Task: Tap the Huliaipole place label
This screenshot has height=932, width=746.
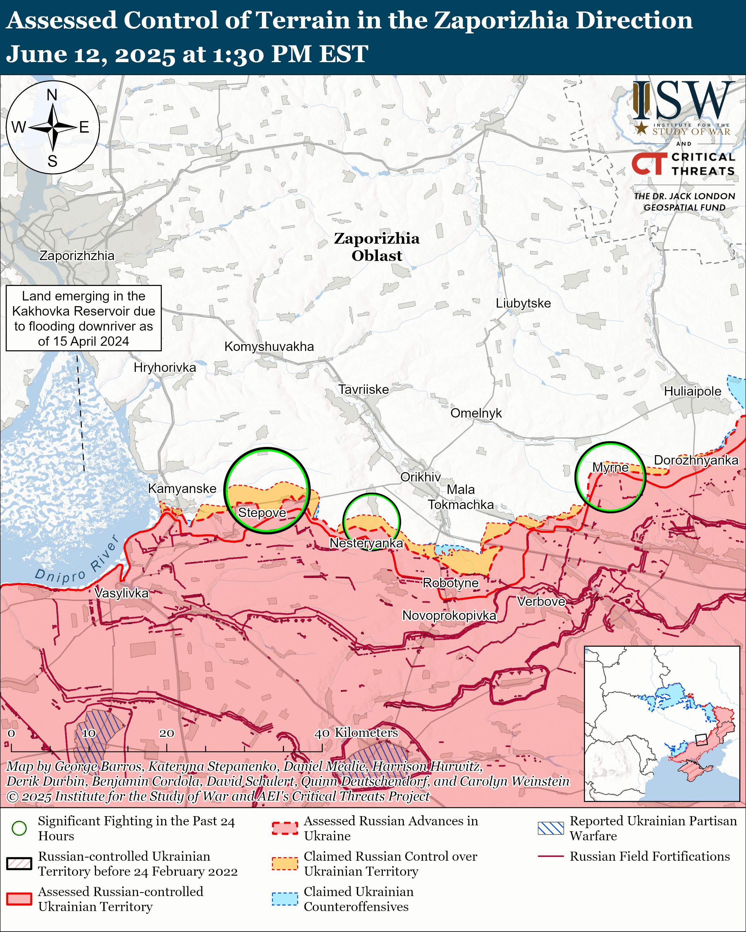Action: point(692,391)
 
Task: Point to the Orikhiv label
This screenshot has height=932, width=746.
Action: point(420,477)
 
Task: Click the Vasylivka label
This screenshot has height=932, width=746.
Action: point(122,593)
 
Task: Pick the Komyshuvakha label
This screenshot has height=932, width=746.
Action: point(269,346)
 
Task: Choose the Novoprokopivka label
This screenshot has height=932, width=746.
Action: point(449,615)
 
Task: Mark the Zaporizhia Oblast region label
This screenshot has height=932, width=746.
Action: point(377,247)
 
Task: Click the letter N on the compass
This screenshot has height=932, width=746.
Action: point(52,95)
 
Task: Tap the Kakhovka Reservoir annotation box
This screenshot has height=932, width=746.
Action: point(83,318)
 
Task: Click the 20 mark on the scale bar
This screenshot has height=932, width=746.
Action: point(166,733)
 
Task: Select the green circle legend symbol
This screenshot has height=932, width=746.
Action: point(19,828)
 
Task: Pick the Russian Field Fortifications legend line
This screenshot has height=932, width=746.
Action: point(550,856)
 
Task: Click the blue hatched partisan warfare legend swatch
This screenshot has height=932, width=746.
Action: point(550,828)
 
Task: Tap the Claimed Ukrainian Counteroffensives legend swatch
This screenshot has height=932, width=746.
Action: point(285,899)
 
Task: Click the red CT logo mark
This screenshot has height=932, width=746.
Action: point(649,164)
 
